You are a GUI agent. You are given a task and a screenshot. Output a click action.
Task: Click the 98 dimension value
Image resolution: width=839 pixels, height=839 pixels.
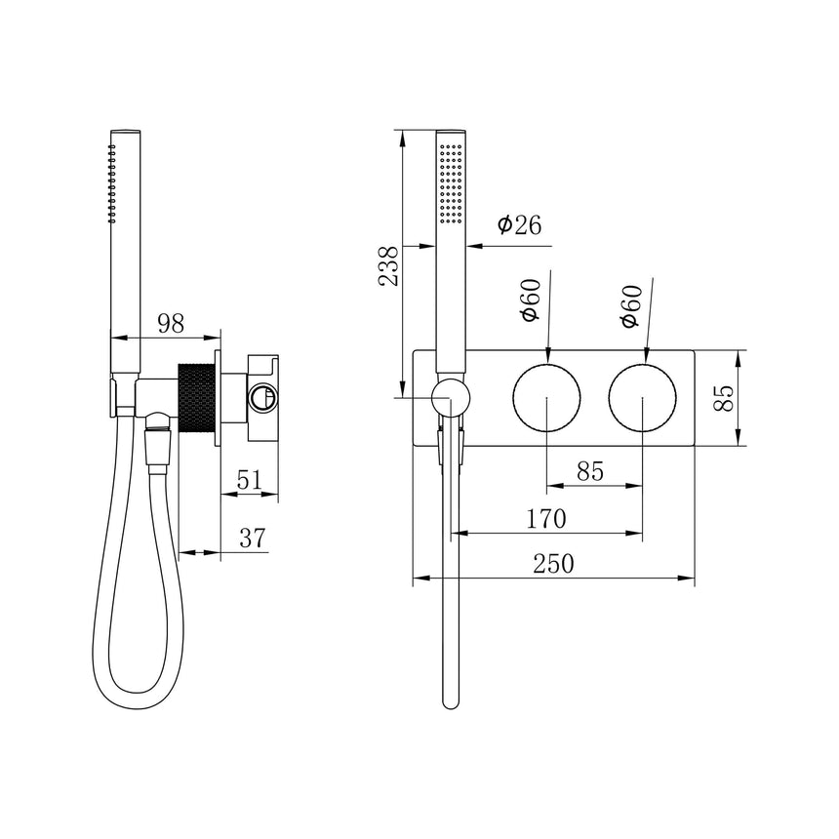tap(171, 324)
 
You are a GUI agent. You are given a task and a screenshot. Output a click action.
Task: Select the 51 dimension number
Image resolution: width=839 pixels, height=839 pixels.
tap(249, 479)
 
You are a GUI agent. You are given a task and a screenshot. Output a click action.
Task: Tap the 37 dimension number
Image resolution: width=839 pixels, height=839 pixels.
tap(252, 538)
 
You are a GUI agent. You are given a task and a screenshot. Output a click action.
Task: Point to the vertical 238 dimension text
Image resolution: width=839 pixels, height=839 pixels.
tap(388, 264)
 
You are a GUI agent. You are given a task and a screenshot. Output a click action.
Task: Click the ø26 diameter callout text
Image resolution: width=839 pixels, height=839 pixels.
tap(519, 225)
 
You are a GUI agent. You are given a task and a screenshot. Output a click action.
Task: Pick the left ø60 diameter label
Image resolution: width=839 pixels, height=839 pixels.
tap(530, 301)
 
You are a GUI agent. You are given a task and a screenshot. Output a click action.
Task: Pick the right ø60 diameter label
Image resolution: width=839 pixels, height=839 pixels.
tap(631, 305)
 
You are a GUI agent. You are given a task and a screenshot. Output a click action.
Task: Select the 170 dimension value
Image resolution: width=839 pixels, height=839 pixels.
tap(545, 519)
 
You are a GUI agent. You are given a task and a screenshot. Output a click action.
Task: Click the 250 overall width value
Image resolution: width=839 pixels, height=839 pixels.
tap(553, 564)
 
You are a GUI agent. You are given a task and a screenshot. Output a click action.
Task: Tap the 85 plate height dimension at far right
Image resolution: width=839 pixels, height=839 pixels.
tap(723, 398)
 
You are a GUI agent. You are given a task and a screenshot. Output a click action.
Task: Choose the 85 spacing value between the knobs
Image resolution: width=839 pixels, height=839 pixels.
tap(589, 471)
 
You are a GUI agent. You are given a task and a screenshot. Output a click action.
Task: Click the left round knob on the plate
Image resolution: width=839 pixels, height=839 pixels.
tap(546, 399)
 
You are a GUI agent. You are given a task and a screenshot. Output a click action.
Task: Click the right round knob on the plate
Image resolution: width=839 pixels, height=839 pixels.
tap(642, 399)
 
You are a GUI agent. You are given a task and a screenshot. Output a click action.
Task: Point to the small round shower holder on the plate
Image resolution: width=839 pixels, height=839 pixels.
tap(451, 398)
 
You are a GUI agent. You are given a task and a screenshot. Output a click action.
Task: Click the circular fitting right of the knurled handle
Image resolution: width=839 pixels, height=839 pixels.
tap(261, 397)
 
